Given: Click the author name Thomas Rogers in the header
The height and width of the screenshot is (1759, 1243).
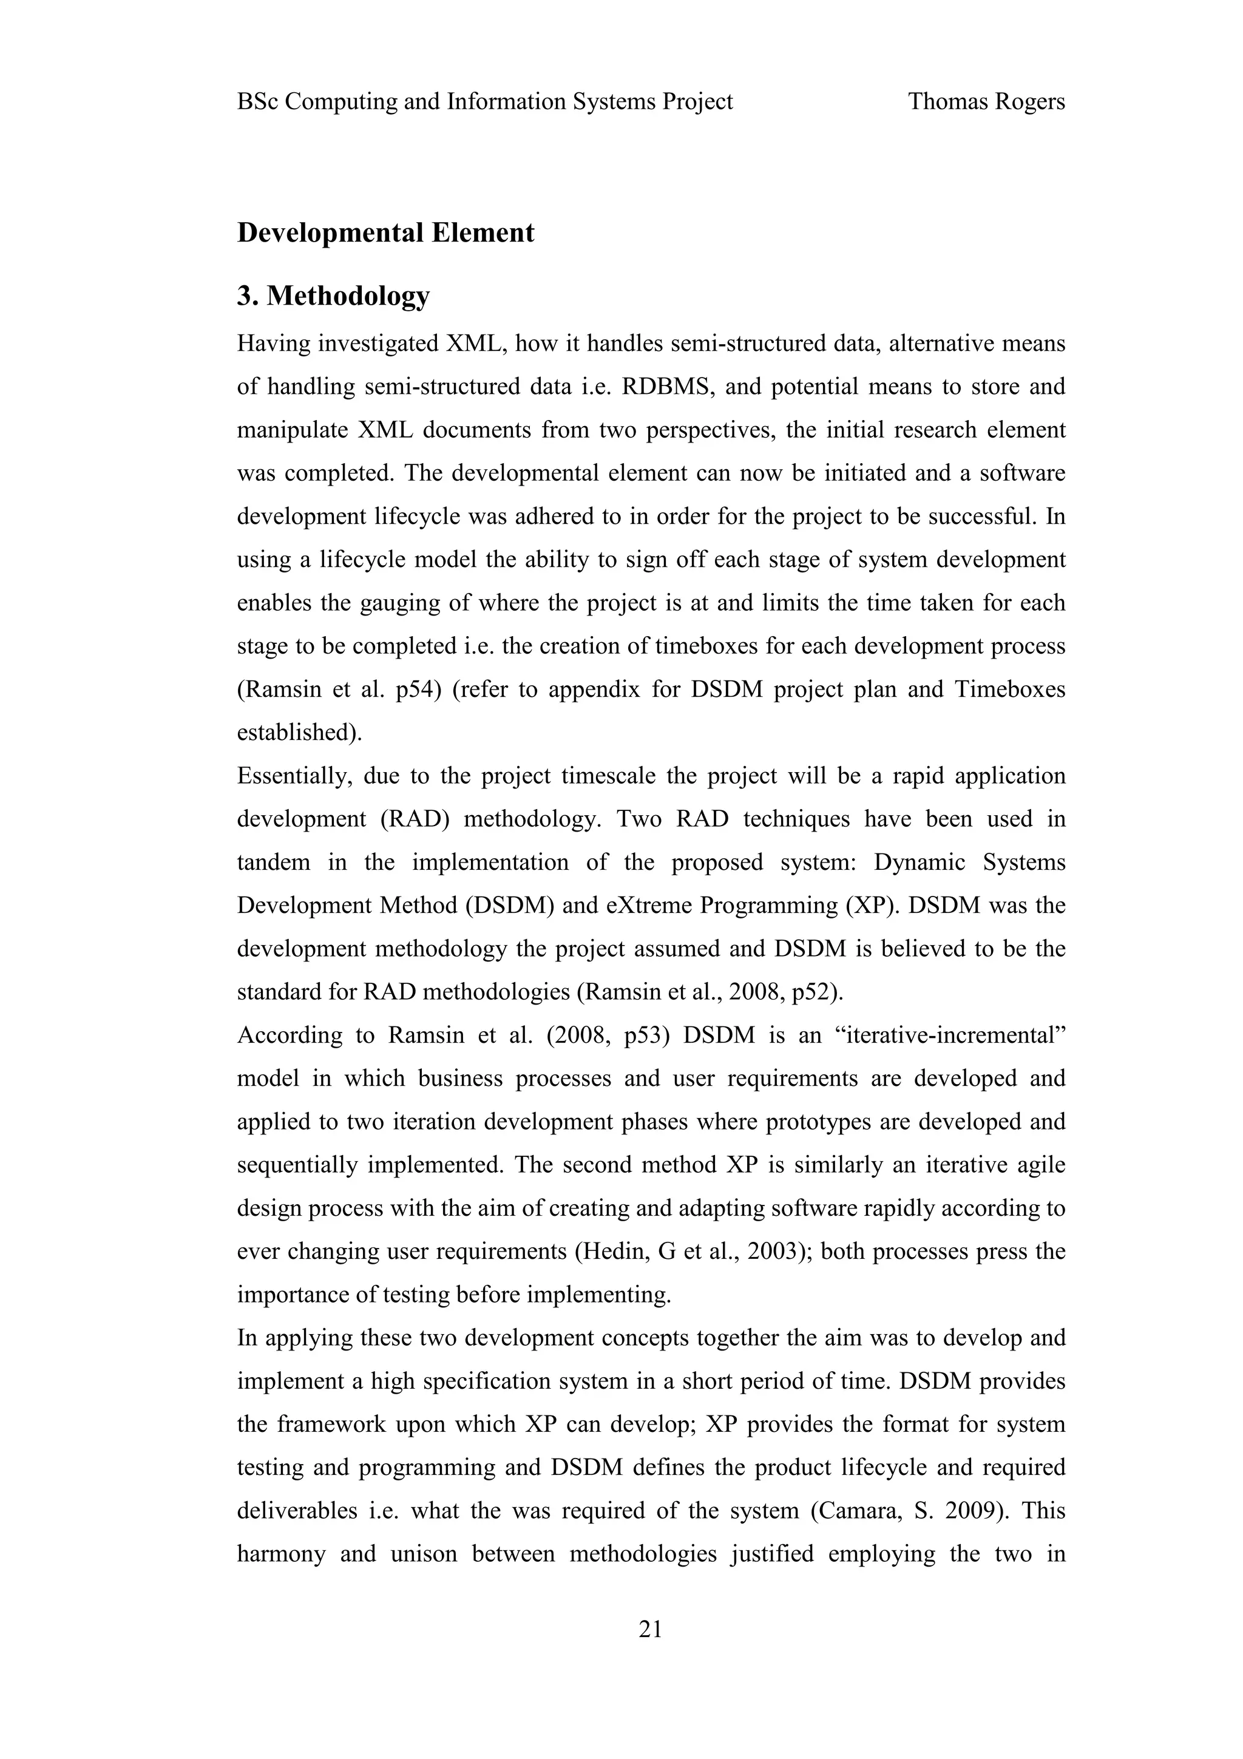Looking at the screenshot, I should click(986, 101).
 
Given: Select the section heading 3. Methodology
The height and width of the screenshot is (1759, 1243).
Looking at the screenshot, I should click(333, 296).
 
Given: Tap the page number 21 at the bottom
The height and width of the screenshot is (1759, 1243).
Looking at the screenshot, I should click(650, 1630).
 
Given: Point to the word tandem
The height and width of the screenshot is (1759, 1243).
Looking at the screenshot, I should click(273, 862).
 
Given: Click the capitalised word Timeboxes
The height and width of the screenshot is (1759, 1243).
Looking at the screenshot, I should click(1009, 690).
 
